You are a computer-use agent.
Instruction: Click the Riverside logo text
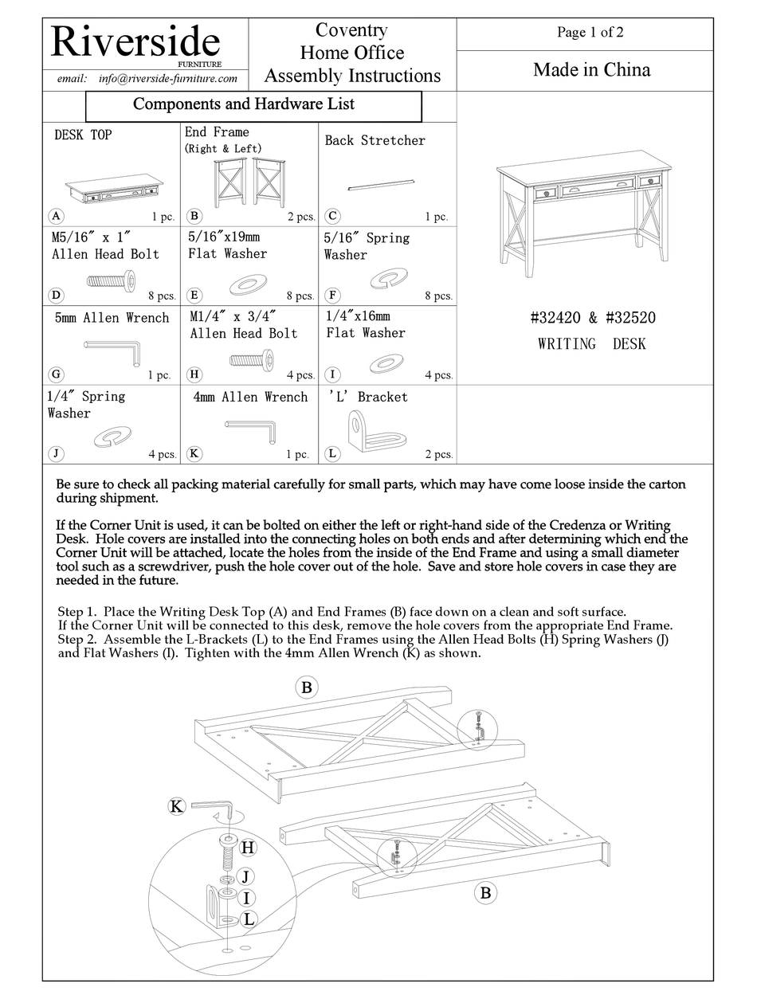[135, 42]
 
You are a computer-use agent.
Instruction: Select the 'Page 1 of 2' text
[590, 33]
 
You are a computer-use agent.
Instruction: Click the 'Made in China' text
[591, 70]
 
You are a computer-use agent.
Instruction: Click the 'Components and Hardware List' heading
[244, 104]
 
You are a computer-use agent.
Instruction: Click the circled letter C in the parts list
[333, 215]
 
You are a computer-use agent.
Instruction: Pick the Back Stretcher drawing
[382, 186]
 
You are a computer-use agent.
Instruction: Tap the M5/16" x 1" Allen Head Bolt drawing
[110, 280]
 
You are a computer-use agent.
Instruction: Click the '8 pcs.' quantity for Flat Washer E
[300, 296]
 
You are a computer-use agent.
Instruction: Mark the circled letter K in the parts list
[194, 453]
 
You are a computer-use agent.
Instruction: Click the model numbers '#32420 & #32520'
[593, 318]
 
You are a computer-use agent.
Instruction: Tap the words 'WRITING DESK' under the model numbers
[592, 344]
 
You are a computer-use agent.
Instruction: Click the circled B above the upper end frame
[306, 688]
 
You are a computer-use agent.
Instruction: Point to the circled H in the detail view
[248, 848]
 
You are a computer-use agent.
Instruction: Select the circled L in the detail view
[249, 919]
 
